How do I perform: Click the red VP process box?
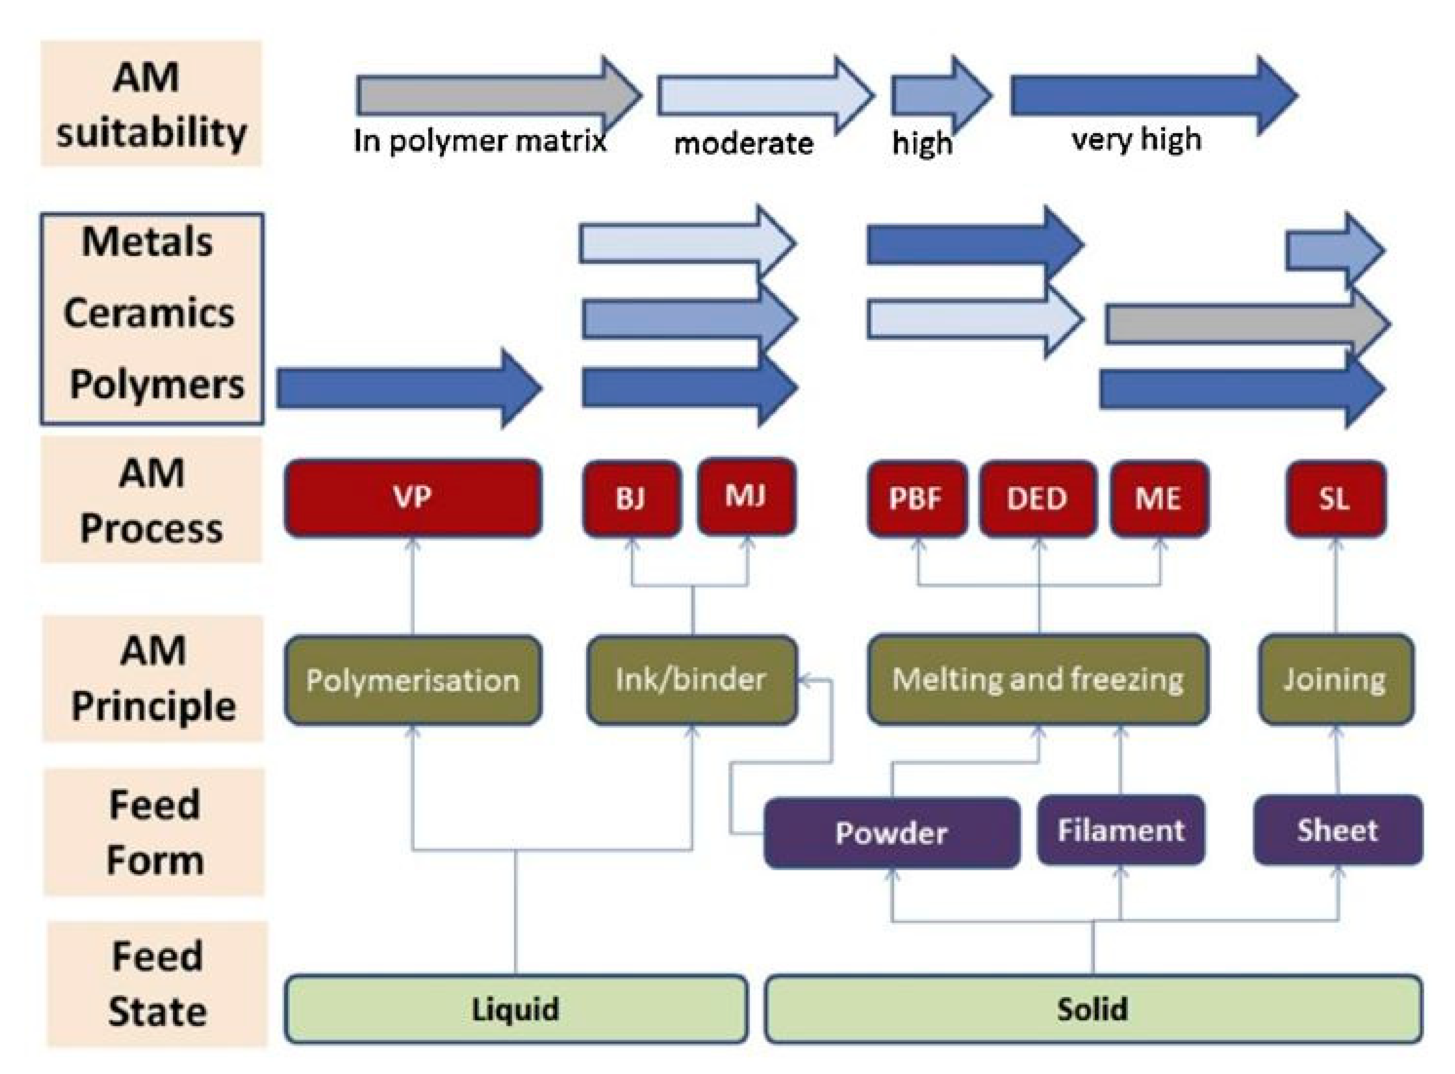[413, 498]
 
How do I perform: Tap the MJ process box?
[746, 496]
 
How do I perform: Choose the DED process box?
[1038, 499]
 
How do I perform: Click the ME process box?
[1159, 499]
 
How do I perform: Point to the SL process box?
[1335, 499]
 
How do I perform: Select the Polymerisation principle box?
[413, 680]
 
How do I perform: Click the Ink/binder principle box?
[691, 680]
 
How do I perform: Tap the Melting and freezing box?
[1038, 679]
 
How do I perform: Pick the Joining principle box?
[1335, 679]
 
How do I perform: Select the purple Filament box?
[1120, 830]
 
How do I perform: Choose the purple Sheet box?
[1337, 830]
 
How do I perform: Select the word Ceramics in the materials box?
[149, 313]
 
